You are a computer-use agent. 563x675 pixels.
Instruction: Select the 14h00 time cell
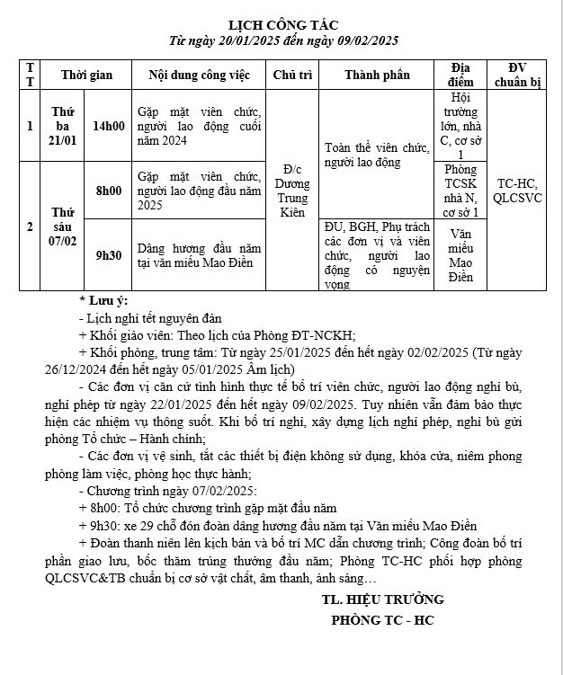(x=109, y=126)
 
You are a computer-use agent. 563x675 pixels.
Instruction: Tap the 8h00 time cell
(x=109, y=191)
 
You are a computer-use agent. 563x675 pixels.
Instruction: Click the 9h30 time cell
(x=109, y=254)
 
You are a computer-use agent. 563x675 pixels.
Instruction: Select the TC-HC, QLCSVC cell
(x=517, y=191)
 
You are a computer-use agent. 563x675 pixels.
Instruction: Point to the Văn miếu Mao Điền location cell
(x=460, y=254)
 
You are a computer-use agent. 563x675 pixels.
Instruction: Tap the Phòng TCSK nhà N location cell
(x=460, y=191)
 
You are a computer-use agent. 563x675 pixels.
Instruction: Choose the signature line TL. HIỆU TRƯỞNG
(x=382, y=600)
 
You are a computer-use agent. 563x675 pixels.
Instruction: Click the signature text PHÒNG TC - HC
(x=382, y=620)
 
